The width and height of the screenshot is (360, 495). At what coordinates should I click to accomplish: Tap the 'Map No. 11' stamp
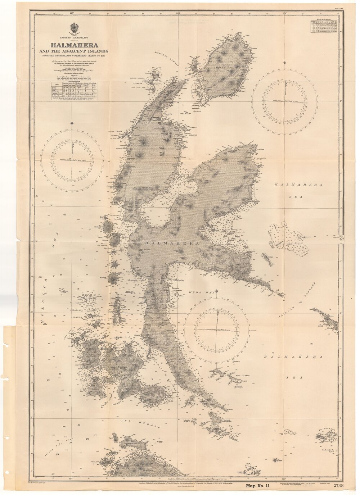click(258, 486)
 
